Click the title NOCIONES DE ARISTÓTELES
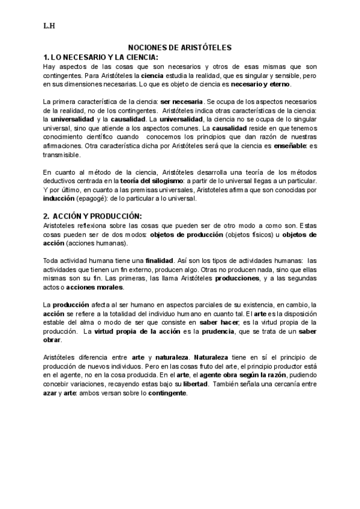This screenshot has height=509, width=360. click(x=180, y=47)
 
